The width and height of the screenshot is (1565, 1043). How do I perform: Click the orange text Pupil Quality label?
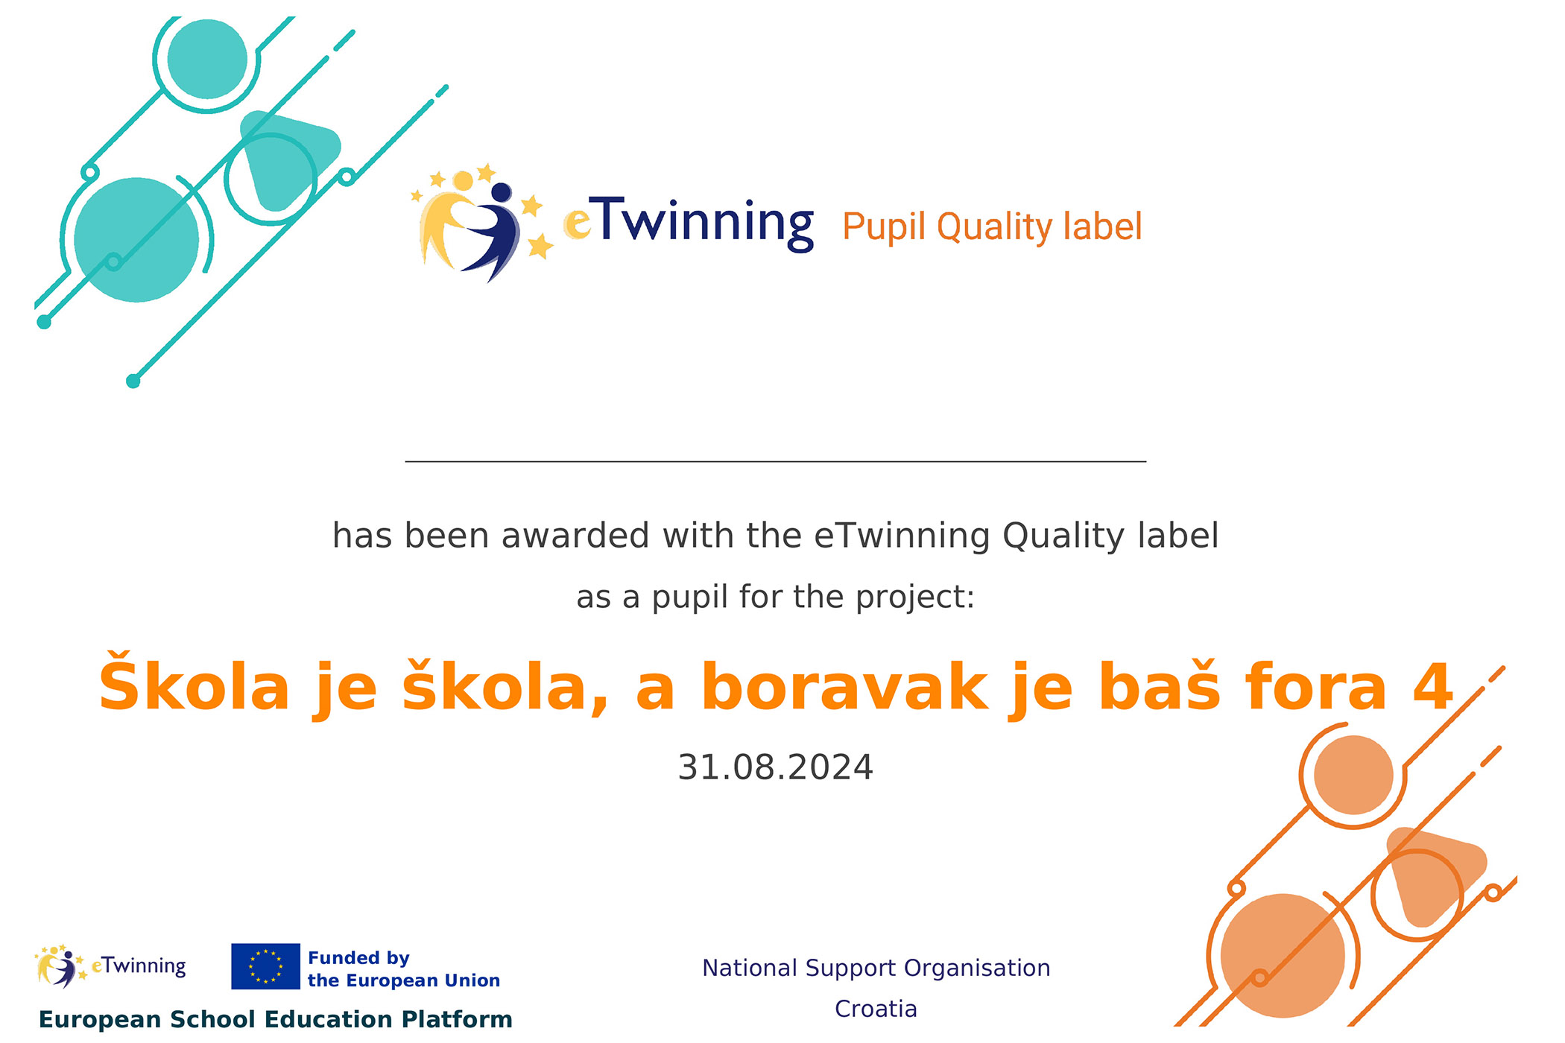click(992, 227)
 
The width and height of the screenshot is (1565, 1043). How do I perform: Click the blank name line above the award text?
click(775, 462)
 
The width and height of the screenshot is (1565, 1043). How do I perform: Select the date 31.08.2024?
click(775, 767)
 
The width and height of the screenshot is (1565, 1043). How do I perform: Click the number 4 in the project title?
click(1433, 687)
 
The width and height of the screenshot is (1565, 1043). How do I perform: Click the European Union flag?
click(265, 966)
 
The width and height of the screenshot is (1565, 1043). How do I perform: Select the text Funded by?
click(358, 958)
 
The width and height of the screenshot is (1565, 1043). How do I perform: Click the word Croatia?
click(876, 1009)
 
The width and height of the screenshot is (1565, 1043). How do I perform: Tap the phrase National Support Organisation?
click(876, 968)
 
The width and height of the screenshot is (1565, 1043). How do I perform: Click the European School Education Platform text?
click(276, 1019)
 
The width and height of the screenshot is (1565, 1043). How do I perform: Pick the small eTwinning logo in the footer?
click(110, 966)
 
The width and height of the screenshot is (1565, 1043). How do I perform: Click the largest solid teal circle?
click(136, 240)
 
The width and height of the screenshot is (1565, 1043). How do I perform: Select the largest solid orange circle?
click(1283, 956)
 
